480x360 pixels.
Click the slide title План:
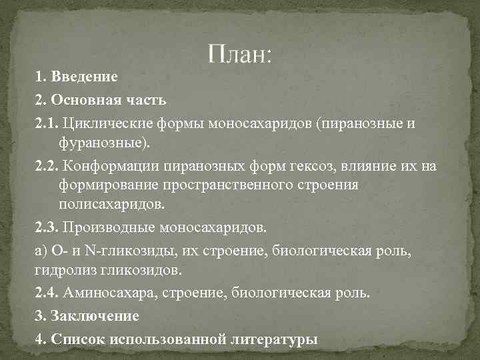pyautogui.click(x=239, y=53)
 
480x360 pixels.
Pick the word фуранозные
pyautogui.click(x=100, y=142)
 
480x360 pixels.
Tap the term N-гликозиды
pyautogui.click(x=116, y=251)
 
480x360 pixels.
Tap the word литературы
pyautogui.click(x=273, y=339)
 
